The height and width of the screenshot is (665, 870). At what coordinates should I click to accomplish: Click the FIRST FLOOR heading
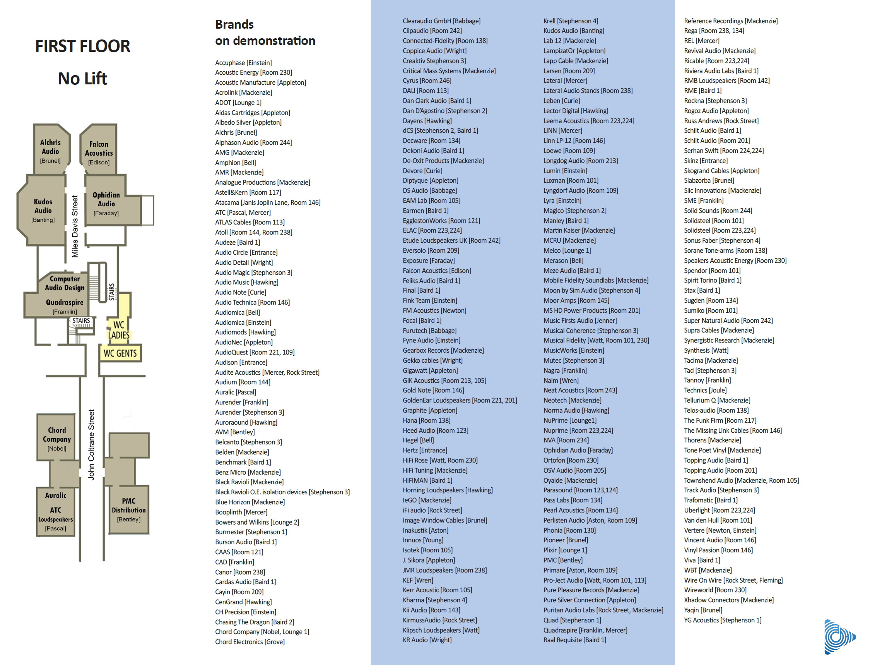[x=82, y=46]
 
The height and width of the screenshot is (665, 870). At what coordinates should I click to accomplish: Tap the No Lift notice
[x=82, y=78]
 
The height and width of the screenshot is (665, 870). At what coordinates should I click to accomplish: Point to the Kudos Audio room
[x=42, y=210]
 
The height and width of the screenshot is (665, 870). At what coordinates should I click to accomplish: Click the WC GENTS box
[x=120, y=353]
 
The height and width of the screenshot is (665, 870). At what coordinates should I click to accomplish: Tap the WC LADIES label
[x=119, y=330]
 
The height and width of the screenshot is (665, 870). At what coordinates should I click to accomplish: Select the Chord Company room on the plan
[x=56, y=437]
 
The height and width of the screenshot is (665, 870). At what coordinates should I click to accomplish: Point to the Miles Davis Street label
[x=75, y=226]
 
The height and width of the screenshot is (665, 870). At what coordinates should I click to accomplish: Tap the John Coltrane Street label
[x=91, y=445]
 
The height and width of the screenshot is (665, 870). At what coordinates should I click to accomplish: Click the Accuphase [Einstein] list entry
[x=243, y=63]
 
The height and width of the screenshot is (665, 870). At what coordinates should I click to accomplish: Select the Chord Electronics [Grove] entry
[x=250, y=642]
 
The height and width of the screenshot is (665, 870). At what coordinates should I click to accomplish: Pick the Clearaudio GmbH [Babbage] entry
[x=441, y=21]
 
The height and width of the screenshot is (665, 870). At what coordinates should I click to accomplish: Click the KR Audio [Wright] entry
[x=427, y=640]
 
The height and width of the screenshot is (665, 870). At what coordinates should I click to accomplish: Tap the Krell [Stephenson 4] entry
[x=571, y=21]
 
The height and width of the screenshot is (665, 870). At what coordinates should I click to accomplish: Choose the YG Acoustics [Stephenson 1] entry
[x=723, y=620]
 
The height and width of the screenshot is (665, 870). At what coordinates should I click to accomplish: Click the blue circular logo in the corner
[x=839, y=637]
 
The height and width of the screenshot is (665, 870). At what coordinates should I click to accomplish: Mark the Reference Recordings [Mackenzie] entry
[x=731, y=21]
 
